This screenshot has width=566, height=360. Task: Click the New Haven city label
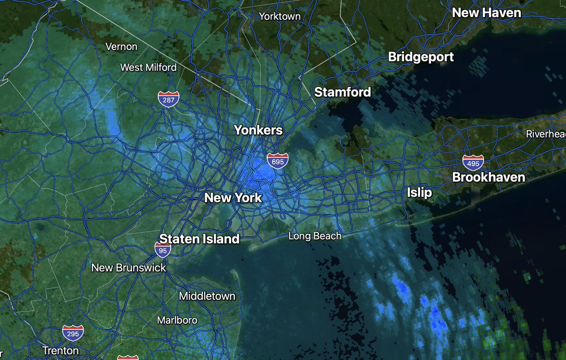(486, 13)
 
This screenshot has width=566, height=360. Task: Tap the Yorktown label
(280, 17)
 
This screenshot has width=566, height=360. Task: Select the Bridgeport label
(421, 57)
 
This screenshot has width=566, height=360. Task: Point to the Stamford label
(342, 92)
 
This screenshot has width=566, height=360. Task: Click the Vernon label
(122, 47)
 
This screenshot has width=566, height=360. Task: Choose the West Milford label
(148, 67)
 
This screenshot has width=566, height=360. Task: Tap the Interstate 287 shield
(168, 99)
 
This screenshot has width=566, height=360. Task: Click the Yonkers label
(258, 130)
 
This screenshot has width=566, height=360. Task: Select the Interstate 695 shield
(277, 161)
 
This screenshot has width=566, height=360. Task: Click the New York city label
(233, 198)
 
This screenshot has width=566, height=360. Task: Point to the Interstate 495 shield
(473, 163)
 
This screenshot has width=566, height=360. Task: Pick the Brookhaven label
(489, 177)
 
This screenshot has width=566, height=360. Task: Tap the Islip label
(419, 193)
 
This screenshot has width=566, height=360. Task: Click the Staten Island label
(200, 239)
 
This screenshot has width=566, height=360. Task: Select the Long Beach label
(315, 236)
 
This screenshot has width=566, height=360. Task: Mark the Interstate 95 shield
(163, 250)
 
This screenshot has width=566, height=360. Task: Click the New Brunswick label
(129, 268)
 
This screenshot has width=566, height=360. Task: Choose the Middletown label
(207, 296)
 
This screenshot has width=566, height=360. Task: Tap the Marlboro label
(177, 320)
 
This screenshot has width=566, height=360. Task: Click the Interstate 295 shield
(73, 333)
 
